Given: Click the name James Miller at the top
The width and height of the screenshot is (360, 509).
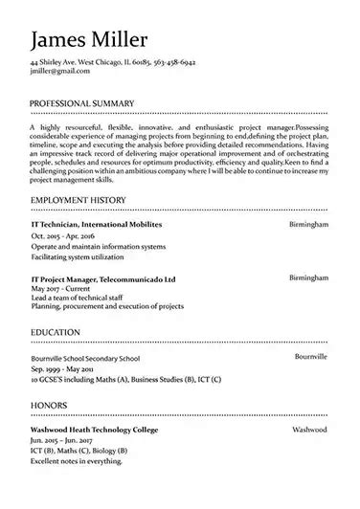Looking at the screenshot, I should click(89, 39).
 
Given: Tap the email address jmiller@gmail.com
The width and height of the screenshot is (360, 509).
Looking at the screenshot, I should click(53, 71).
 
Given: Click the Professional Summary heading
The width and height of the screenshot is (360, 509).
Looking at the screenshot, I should click(82, 102).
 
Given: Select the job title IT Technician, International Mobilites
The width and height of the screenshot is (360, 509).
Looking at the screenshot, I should click(97, 223).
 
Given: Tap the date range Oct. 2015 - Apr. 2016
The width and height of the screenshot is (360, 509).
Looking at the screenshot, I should click(63, 235).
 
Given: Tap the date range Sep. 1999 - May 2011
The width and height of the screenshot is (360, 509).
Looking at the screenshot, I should click(63, 368).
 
